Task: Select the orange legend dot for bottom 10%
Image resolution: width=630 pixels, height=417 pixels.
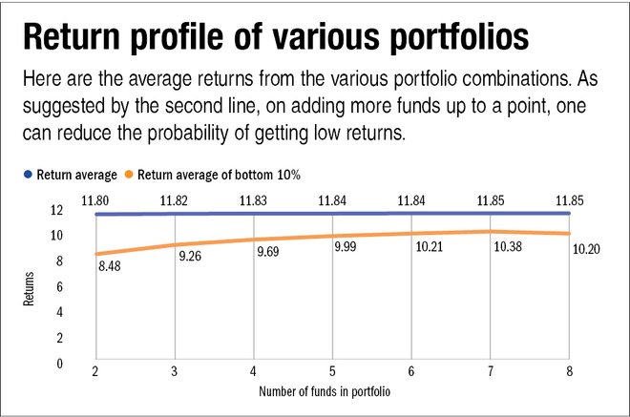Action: [129, 175]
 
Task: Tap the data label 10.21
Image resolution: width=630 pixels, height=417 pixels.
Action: [430, 256]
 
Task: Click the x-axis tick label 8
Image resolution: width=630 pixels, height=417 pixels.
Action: [569, 371]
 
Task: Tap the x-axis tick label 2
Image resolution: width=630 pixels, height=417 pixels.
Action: [96, 371]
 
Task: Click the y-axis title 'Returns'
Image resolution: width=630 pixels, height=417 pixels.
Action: [28, 286]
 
